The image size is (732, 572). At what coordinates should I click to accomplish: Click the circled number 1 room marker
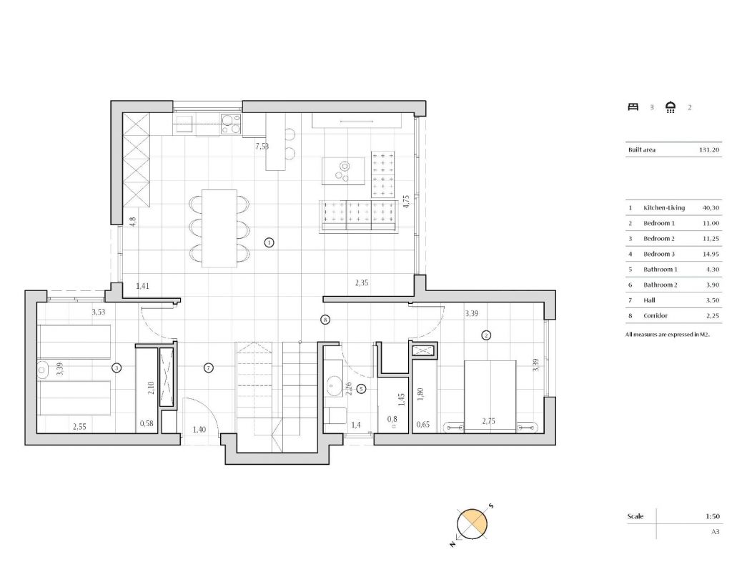point(269,242)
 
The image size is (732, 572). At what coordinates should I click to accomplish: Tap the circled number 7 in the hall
point(209,368)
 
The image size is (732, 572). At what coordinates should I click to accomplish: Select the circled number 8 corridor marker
point(325,320)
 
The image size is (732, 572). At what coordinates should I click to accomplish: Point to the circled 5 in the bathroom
point(361,388)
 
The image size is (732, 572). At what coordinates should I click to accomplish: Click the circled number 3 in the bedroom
point(117,368)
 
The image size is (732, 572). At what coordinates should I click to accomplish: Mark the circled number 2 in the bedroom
point(486,335)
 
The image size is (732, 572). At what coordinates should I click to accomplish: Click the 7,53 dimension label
point(262,146)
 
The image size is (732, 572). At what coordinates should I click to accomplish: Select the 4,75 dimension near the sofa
point(406,201)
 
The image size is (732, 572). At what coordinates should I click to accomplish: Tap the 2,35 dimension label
point(362,282)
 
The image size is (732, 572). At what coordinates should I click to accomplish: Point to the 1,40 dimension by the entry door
point(199,430)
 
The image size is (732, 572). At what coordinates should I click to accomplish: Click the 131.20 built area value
point(709,150)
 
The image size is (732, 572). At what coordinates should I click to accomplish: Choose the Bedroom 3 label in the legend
point(658,254)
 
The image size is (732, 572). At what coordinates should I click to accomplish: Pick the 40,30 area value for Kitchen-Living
point(711,208)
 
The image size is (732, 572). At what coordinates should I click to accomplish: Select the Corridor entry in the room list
point(655,315)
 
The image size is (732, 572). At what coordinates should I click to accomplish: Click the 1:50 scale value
point(713,516)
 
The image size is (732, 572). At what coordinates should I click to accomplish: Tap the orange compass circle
point(473,524)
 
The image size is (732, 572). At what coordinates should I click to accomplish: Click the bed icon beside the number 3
point(633,107)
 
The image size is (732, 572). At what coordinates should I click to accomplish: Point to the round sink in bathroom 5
point(334,386)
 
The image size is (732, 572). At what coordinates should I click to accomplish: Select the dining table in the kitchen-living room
point(219,228)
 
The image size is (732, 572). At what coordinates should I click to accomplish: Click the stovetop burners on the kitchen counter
point(231,124)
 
